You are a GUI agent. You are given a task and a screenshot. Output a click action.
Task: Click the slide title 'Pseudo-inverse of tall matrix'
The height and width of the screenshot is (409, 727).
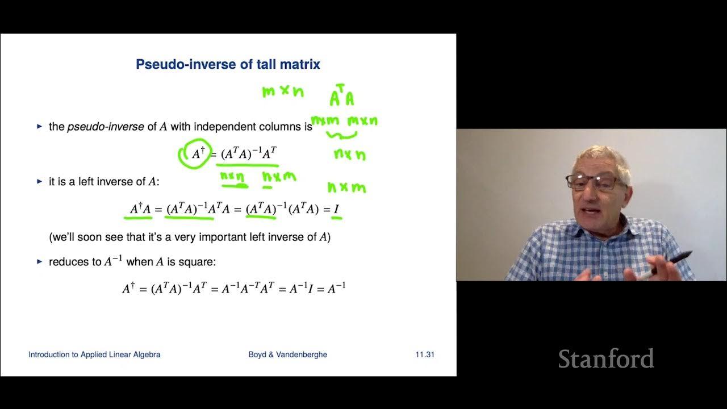click(228, 64)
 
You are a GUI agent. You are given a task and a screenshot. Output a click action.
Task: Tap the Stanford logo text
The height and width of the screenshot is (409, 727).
click(605, 359)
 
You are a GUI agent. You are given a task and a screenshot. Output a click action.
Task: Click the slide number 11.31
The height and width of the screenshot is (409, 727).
click(424, 354)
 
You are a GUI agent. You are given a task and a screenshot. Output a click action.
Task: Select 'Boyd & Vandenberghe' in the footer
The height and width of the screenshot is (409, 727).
click(287, 354)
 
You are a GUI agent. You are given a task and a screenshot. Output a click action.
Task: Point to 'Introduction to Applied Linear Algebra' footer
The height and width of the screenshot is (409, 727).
click(94, 354)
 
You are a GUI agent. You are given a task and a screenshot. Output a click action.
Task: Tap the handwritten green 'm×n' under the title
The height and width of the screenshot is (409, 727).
click(282, 91)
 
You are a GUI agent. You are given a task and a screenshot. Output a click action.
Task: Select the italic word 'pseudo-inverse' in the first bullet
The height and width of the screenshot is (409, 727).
click(106, 127)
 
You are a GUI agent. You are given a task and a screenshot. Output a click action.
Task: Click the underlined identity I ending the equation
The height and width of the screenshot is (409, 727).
click(336, 210)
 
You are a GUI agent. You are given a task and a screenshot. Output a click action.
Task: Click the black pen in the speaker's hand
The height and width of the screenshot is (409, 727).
click(674, 263)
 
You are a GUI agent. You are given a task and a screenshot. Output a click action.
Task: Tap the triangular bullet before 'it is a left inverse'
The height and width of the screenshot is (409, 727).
click(40, 181)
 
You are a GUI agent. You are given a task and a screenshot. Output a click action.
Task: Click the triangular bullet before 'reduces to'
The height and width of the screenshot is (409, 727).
click(40, 262)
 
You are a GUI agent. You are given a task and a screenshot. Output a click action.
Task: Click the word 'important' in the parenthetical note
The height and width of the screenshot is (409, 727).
click(220, 237)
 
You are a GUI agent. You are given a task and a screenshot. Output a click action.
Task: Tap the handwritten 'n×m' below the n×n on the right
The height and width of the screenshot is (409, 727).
click(346, 187)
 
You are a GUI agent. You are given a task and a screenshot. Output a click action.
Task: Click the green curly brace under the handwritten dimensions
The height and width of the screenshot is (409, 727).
click(341, 135)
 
